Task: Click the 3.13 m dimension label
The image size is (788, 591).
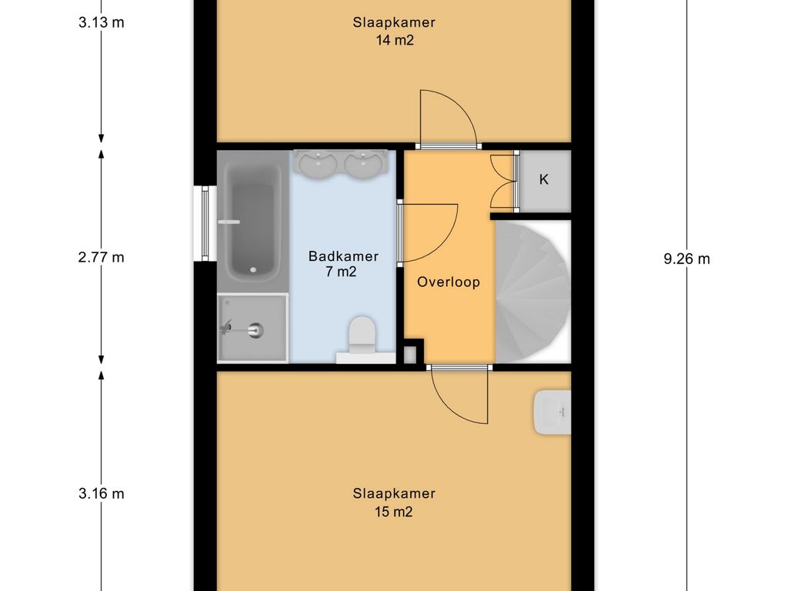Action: tap(101, 22)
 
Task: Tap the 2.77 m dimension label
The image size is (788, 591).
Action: tap(101, 257)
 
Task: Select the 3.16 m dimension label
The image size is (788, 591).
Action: tap(101, 493)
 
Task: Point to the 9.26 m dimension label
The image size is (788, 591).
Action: tap(686, 259)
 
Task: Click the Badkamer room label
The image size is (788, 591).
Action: tap(343, 256)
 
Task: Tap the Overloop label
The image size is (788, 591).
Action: tap(449, 282)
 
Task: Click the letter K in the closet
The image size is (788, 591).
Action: tap(544, 179)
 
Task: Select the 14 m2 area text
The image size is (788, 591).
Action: tap(395, 40)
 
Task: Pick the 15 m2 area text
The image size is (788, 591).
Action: tap(393, 512)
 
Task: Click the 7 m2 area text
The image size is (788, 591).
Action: tap(341, 272)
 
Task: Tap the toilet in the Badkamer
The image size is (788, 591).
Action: tap(362, 336)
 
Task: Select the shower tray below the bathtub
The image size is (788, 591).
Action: tap(252, 328)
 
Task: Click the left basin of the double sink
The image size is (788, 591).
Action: tap(317, 163)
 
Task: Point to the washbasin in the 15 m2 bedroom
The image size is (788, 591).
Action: tap(553, 412)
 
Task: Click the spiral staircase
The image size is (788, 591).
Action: tap(533, 292)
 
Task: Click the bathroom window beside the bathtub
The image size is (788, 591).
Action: tap(205, 223)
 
